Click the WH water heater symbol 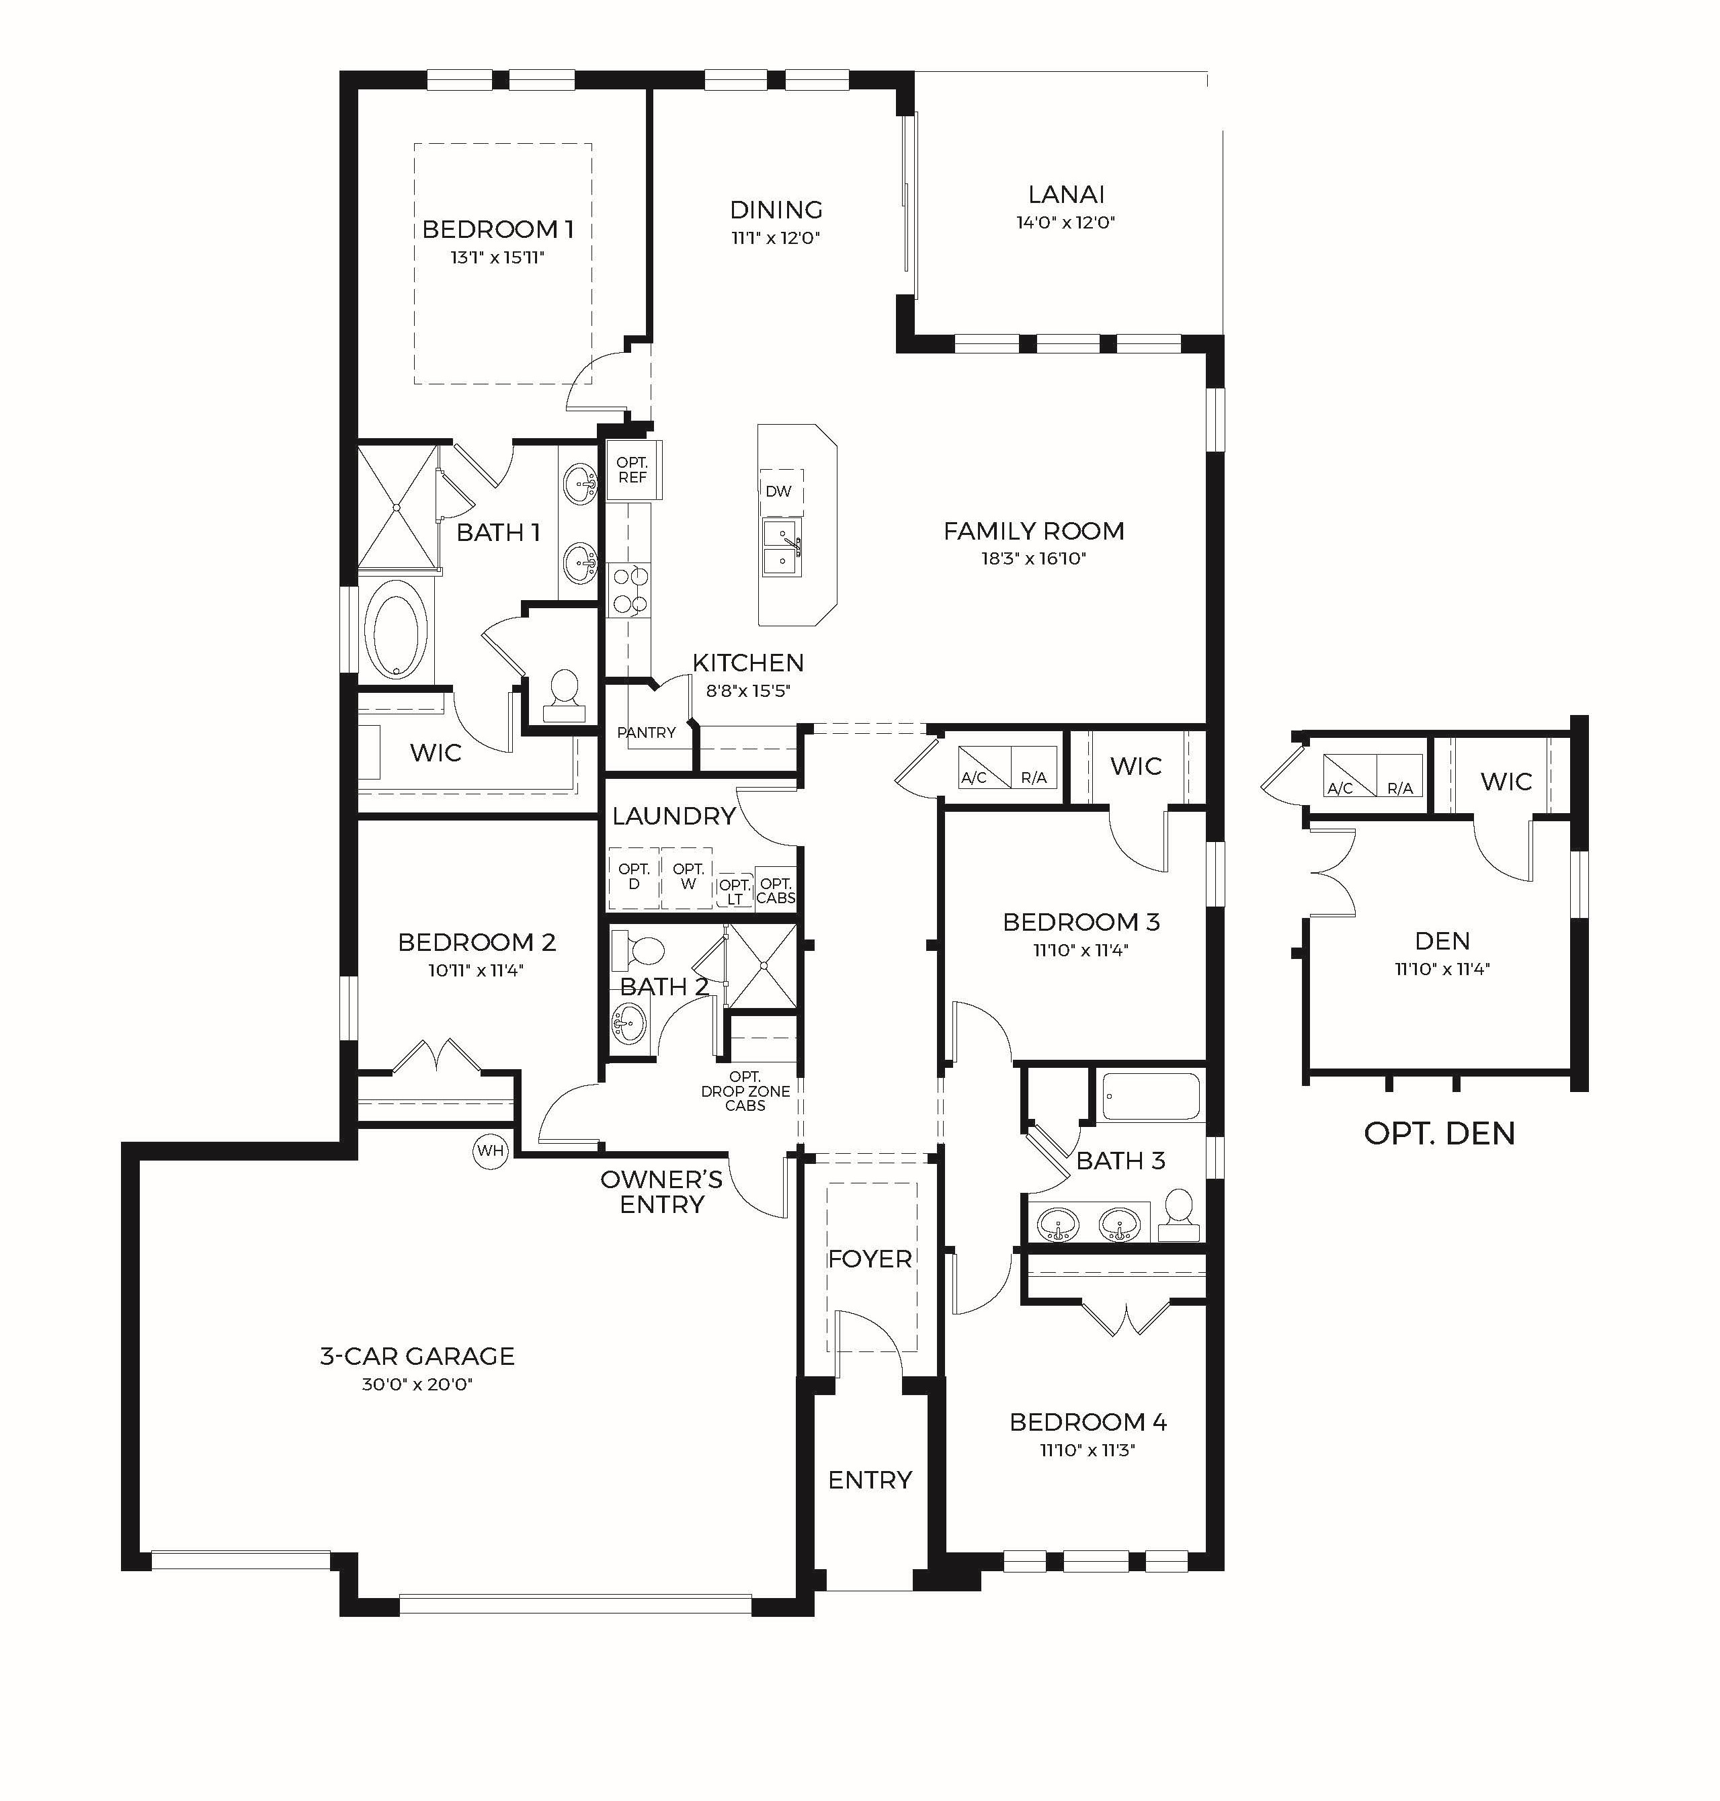(491, 1150)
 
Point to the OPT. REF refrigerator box (632, 470)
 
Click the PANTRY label (647, 732)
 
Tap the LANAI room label (1065, 194)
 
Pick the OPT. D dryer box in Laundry (634, 877)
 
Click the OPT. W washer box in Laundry (688, 877)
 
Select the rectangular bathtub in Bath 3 (1151, 1096)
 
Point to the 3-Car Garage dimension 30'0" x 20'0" (417, 1384)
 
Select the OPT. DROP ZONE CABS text (745, 1091)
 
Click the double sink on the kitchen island (782, 548)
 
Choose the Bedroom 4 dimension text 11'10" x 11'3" (1088, 1450)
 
